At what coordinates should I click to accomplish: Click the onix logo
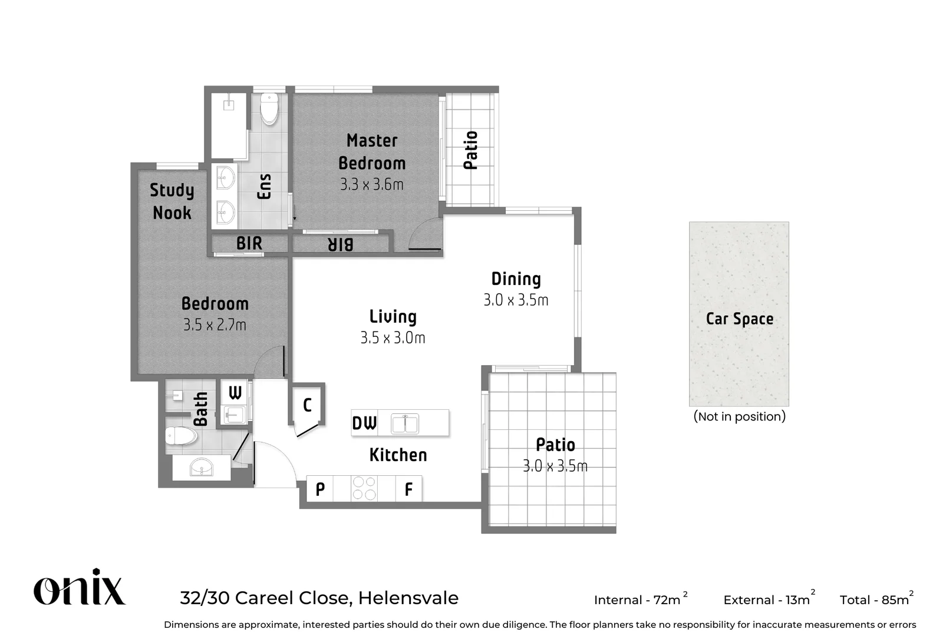tap(79, 588)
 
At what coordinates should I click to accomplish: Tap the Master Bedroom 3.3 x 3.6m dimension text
tap(371, 185)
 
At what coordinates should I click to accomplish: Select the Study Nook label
tap(172, 201)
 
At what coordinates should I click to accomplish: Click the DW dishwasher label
tap(364, 423)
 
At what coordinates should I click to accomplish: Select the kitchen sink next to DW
tap(404, 423)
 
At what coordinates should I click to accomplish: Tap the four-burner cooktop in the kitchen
tap(364, 488)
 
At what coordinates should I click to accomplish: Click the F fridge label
tap(408, 489)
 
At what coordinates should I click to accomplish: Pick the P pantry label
tap(320, 489)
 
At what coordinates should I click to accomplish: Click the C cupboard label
tap(307, 405)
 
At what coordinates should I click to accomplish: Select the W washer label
tap(235, 393)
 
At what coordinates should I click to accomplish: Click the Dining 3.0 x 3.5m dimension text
tap(516, 300)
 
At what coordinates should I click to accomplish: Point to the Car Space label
tap(739, 319)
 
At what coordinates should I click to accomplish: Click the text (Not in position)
tap(739, 416)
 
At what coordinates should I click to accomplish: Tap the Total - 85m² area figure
tap(876, 599)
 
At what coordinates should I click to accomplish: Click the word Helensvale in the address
tap(408, 598)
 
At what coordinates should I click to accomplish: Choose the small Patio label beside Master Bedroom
tap(470, 150)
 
